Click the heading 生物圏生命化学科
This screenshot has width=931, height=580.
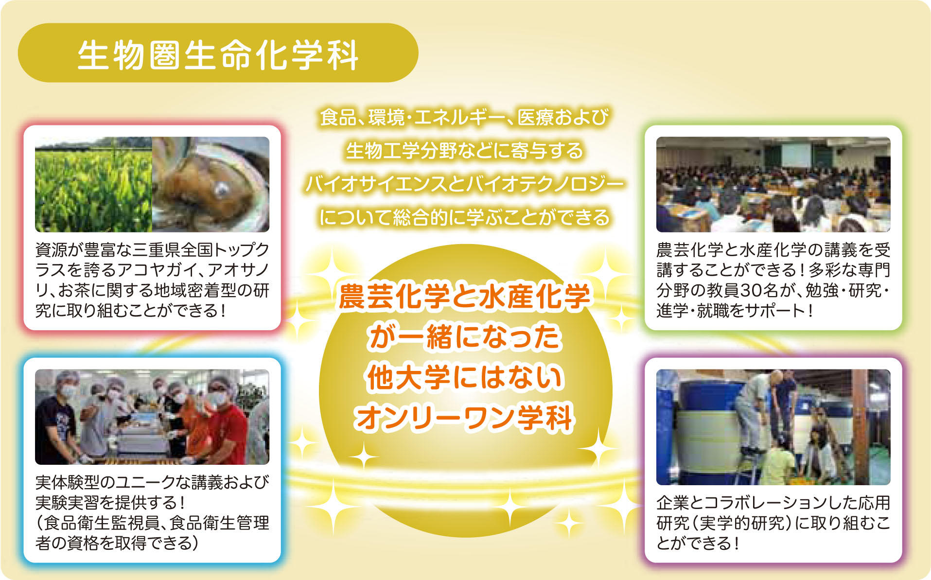click(218, 54)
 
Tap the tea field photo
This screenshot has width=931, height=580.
click(93, 184)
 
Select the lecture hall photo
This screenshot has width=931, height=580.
click(773, 184)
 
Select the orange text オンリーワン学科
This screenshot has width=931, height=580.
click(464, 418)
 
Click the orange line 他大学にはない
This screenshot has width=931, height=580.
click(464, 377)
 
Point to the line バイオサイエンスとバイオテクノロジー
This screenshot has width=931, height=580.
click(464, 184)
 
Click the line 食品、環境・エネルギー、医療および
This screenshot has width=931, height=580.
click(464, 117)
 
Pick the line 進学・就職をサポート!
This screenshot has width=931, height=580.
click(734, 310)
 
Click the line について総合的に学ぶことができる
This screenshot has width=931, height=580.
click(464, 217)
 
